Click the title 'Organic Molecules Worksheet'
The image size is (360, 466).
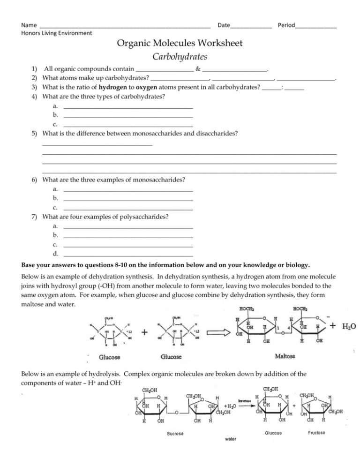click(x=180, y=44)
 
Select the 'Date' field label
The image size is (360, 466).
click(x=224, y=24)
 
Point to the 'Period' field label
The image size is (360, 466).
click(x=286, y=24)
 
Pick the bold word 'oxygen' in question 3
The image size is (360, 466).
click(x=145, y=88)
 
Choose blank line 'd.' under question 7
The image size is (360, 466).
click(x=127, y=254)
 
